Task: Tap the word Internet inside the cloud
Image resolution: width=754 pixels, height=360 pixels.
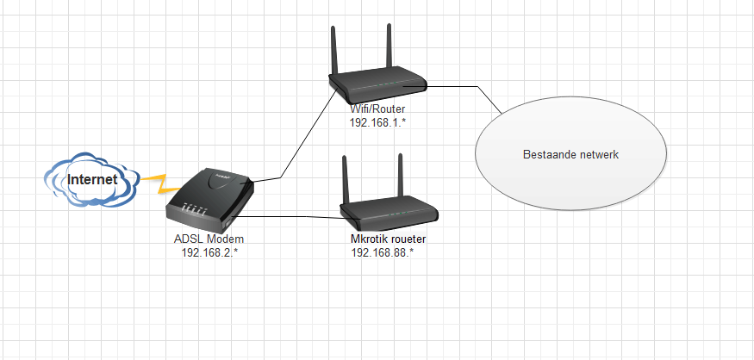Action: click(x=92, y=181)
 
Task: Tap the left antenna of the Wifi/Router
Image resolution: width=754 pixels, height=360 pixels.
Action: click(x=333, y=52)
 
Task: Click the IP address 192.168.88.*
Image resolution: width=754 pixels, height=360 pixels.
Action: click(x=383, y=251)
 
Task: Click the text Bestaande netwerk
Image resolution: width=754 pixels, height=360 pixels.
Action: click(x=571, y=155)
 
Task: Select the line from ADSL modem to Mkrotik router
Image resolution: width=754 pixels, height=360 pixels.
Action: click(x=293, y=216)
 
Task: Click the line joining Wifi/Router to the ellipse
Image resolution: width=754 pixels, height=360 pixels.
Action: click(x=470, y=87)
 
